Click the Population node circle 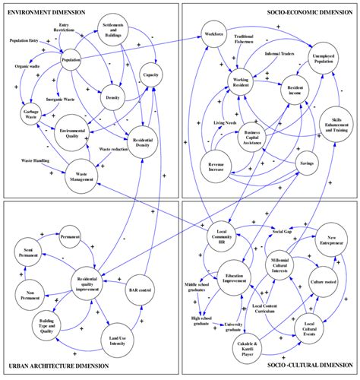tap(71, 61)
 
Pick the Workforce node tap(215, 36)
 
